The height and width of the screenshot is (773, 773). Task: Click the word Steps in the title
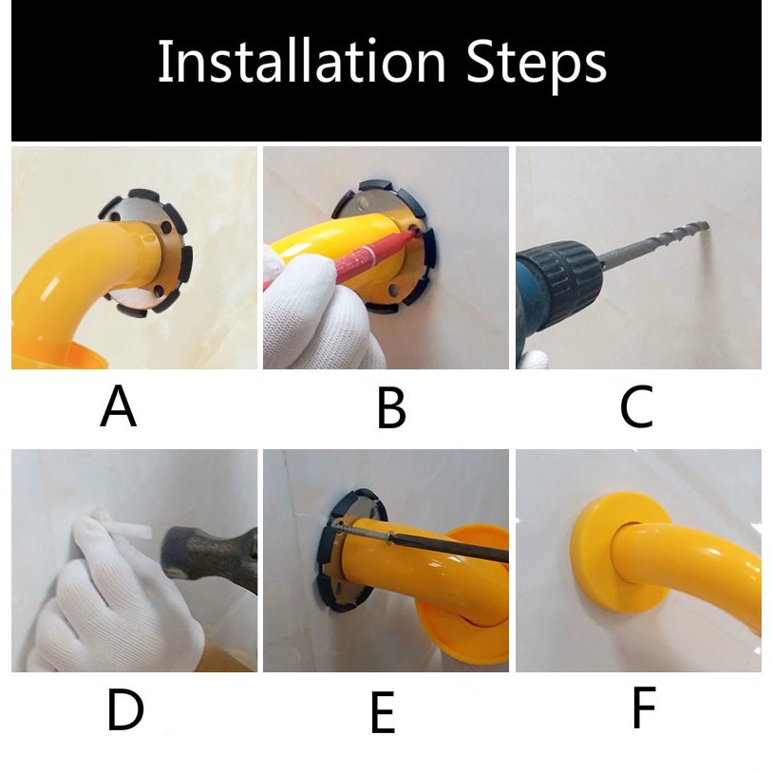pos(537,66)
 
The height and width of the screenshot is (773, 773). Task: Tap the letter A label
pos(119,406)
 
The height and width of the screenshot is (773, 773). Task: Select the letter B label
pos(391,407)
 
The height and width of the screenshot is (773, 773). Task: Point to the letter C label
pos(636,407)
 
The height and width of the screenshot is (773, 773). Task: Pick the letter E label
pos(383,711)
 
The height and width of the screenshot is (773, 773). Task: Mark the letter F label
pos(644,707)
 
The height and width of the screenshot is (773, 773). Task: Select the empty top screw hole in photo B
pos(364,203)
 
